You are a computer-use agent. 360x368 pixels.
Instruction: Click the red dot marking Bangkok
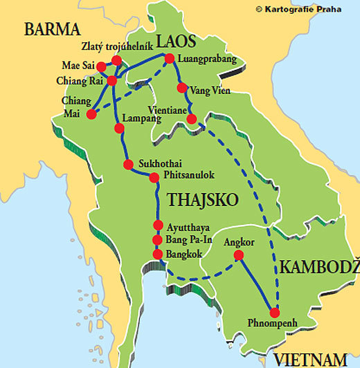[x=158, y=255]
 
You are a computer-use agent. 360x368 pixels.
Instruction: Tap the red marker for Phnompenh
[x=275, y=311]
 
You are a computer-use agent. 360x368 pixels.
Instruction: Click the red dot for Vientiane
[x=192, y=118]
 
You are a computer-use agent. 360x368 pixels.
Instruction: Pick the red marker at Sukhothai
[x=128, y=164]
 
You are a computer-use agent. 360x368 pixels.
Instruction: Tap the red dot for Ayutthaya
[x=158, y=226]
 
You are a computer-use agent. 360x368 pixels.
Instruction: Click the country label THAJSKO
[x=202, y=199]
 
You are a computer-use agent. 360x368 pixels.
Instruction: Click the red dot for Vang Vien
[x=182, y=88]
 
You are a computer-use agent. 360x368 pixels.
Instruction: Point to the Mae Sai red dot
[x=102, y=67]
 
